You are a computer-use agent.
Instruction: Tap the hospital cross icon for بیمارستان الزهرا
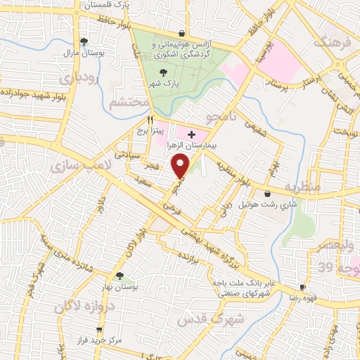click(x=191, y=133)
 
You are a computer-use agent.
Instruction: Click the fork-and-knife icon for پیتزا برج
click(x=150, y=120)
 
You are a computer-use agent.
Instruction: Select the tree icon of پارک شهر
click(x=163, y=72)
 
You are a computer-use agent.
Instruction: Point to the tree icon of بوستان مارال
click(x=84, y=41)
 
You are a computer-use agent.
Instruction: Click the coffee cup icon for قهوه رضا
click(x=302, y=287)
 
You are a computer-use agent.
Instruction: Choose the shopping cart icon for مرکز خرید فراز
click(x=100, y=330)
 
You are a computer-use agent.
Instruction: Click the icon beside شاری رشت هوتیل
click(x=266, y=194)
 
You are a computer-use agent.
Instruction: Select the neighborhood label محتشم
click(x=129, y=103)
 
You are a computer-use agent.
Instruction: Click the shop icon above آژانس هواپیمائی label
click(x=182, y=33)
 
